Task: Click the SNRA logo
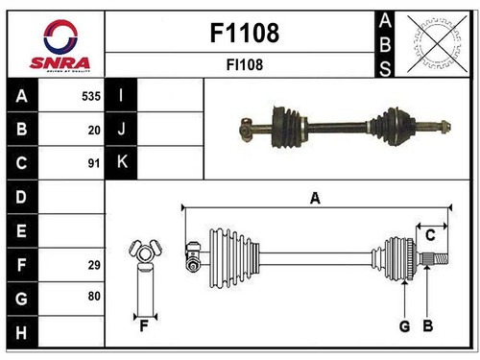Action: tap(60, 46)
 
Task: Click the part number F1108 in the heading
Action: tap(245, 33)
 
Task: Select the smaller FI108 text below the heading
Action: tap(245, 64)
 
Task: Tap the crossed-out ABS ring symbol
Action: tap(437, 44)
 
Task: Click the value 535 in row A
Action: tap(91, 96)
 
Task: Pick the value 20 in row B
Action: tap(94, 130)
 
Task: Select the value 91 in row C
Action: tap(94, 163)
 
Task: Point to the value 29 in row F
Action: tap(94, 265)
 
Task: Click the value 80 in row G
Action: tap(94, 296)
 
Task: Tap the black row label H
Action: tap(22, 332)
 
